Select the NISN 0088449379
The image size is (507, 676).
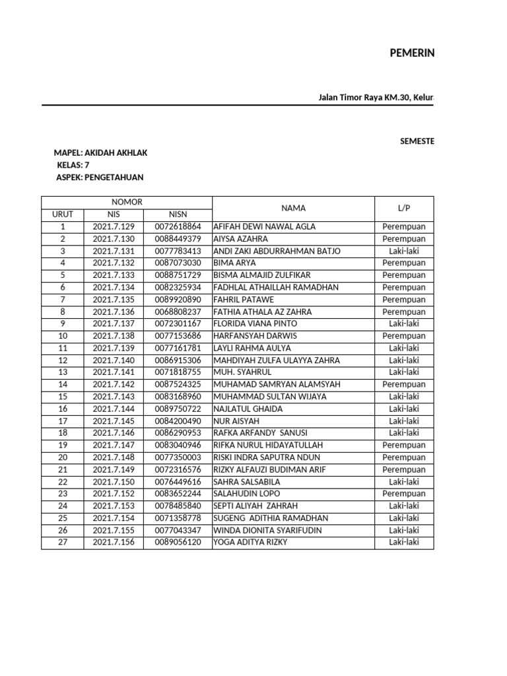coord(178,239)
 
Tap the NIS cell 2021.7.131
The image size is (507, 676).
coord(114,251)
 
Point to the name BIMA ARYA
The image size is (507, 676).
coord(235,263)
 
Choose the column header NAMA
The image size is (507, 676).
coord(293,209)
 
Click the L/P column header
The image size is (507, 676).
coord(404,209)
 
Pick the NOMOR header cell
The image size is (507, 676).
coord(127,202)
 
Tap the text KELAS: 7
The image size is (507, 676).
coord(73,165)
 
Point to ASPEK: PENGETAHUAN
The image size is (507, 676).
coord(100,177)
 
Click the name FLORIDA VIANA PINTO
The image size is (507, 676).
coord(255,323)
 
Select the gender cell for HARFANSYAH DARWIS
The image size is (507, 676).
coord(404,336)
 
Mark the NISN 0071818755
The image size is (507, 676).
coord(178,372)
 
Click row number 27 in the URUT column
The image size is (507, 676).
coord(63,543)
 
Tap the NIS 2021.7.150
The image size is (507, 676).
coord(114,482)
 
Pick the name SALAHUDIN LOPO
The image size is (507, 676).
coord(246,494)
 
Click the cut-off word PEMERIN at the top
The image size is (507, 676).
coord(412,53)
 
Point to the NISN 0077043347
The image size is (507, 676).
coord(178,530)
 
